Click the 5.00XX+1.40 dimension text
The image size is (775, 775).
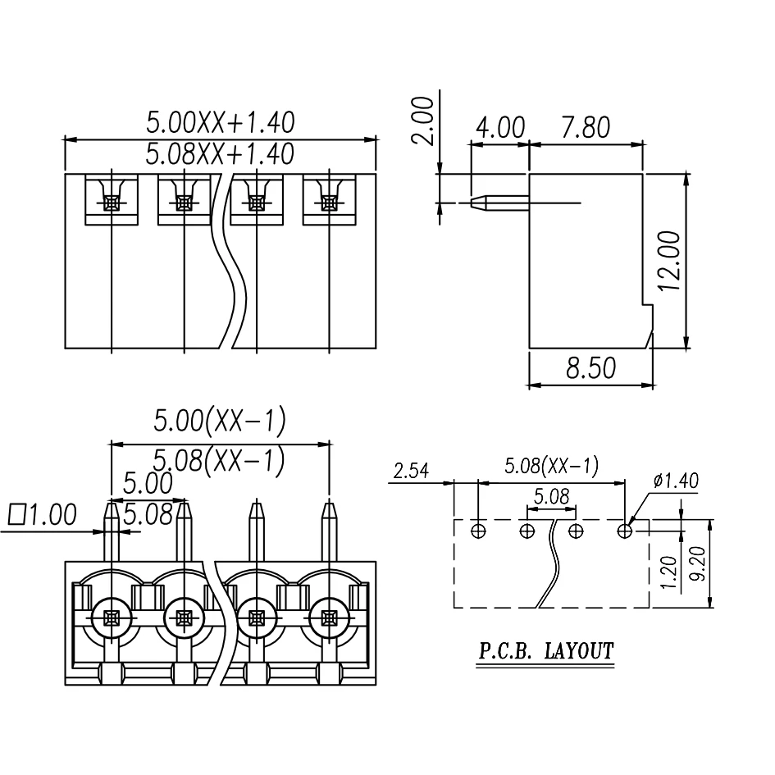click(220, 123)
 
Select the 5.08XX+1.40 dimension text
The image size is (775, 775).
click(220, 153)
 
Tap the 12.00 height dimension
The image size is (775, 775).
click(668, 260)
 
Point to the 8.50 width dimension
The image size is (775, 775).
click(590, 368)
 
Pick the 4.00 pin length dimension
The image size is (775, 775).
click(499, 128)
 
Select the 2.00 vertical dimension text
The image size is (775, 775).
click(423, 121)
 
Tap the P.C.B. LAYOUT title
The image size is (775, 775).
click(546, 652)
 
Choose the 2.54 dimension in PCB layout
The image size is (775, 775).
click(413, 470)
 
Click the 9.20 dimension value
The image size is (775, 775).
click(699, 566)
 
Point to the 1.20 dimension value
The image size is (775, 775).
click(668, 572)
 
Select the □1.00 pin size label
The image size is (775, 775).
click(42, 515)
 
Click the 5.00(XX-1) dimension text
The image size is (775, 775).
click(220, 422)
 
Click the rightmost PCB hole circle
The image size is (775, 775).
click(625, 531)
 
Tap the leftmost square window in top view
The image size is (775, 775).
click(111, 199)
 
